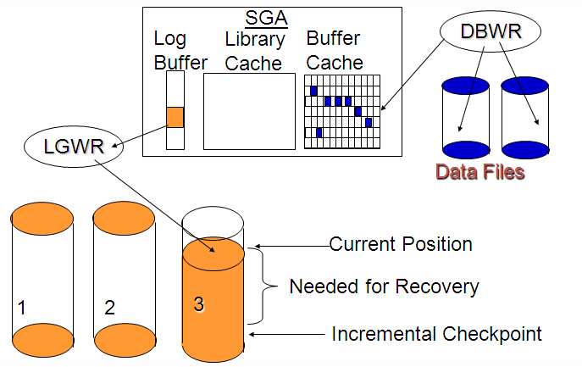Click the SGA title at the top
pyautogui.click(x=267, y=18)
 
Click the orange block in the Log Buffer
pyautogui.click(x=175, y=117)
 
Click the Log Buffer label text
pyautogui.click(x=180, y=51)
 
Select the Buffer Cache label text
pyautogui.click(x=335, y=50)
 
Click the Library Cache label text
pyautogui.click(x=255, y=51)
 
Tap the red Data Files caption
pyautogui.click(x=480, y=171)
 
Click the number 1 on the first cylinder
pyautogui.click(x=21, y=308)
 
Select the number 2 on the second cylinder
pyautogui.click(x=109, y=308)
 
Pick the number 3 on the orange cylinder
pyautogui.click(x=198, y=304)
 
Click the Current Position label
pyautogui.click(x=401, y=244)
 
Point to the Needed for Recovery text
pyautogui.click(x=384, y=286)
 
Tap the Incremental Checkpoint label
pyautogui.click(x=436, y=334)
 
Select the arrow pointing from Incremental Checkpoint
pyautogui.click(x=287, y=334)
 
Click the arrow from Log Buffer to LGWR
pyautogui.click(x=139, y=136)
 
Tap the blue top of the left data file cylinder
pyautogui.click(x=465, y=86)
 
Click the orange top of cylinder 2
pyautogui.click(x=124, y=219)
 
